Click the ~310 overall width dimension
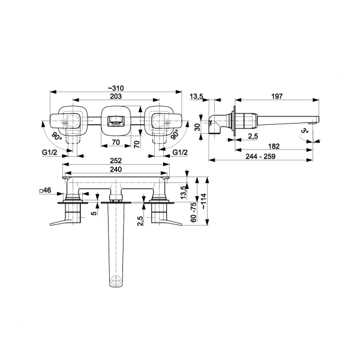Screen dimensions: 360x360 [x=116, y=88]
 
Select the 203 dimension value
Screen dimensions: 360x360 [x=116, y=96]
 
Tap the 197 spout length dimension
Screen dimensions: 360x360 [x=277, y=96]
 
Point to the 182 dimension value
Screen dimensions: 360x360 [x=274, y=146]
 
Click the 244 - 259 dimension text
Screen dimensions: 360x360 [x=260, y=157]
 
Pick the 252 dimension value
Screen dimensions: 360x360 [x=116, y=161]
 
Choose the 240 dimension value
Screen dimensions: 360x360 [x=116, y=169]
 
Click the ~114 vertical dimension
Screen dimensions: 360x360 [x=203, y=202]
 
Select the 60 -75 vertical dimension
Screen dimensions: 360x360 [x=194, y=212]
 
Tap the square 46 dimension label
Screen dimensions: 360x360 [x=45, y=190]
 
